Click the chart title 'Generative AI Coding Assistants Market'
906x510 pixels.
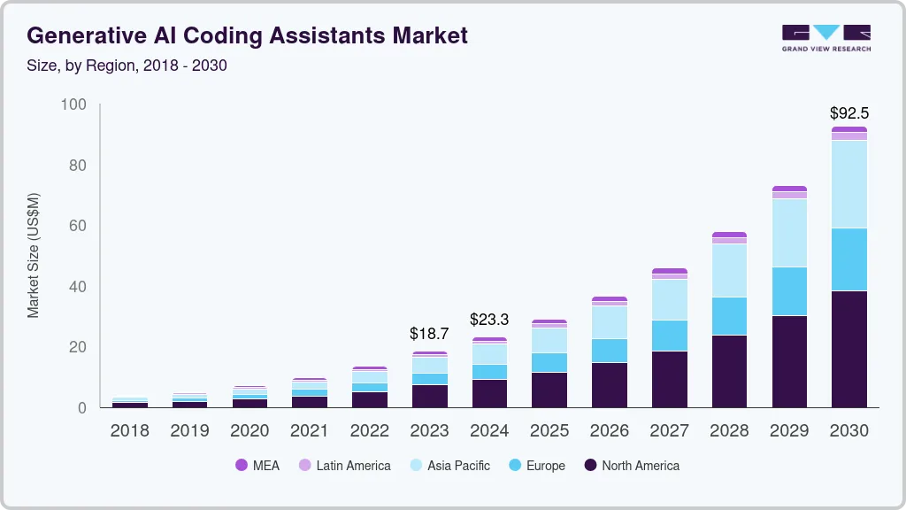click(x=248, y=36)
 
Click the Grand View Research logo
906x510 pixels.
click(x=825, y=37)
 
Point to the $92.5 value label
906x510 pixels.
click(x=848, y=113)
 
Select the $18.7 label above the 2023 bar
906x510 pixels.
click(x=429, y=334)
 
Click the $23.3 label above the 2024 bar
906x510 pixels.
click(x=489, y=320)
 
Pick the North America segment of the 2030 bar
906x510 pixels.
click(x=848, y=349)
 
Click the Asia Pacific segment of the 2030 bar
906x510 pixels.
click(x=848, y=184)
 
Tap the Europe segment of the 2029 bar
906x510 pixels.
click(x=789, y=291)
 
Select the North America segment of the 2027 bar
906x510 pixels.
click(x=669, y=379)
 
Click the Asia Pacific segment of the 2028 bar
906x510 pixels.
click(x=729, y=270)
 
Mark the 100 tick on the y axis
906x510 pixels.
click(x=74, y=105)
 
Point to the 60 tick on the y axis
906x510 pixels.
click(x=78, y=227)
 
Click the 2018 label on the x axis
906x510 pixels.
click(x=129, y=431)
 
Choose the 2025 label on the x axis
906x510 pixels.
click(x=549, y=431)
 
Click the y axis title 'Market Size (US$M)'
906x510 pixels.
click(x=34, y=255)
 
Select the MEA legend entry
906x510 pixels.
click(x=257, y=466)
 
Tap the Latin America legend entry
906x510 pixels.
click(x=344, y=466)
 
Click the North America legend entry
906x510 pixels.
click(x=632, y=466)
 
